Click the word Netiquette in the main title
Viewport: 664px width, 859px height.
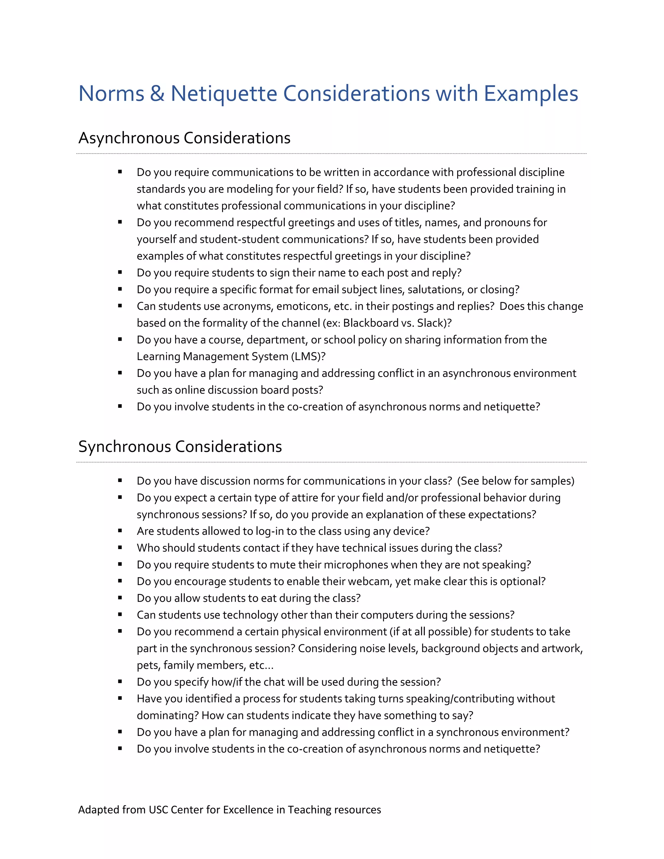tap(223, 94)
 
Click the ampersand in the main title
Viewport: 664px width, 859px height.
tap(157, 94)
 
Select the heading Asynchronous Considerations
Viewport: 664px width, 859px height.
tap(184, 138)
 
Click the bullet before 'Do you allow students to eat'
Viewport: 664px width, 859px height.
tap(120, 598)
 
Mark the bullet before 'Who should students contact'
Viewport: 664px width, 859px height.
tap(120, 547)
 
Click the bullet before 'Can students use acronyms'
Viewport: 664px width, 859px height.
tap(120, 306)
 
